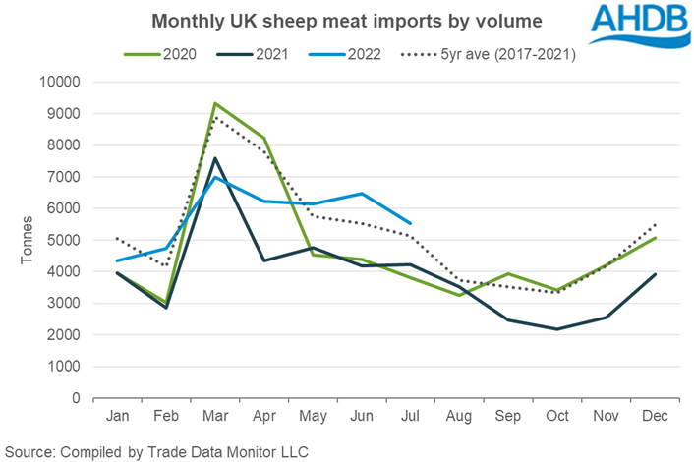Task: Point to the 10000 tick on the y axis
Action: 62,83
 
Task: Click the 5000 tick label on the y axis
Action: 65,241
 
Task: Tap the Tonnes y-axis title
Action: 26,241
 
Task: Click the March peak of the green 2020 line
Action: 214,103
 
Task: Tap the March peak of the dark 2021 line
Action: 214,158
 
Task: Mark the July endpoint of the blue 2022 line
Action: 409,223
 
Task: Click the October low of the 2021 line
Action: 555,329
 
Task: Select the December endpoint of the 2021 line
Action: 653,274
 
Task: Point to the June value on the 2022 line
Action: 361,194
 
